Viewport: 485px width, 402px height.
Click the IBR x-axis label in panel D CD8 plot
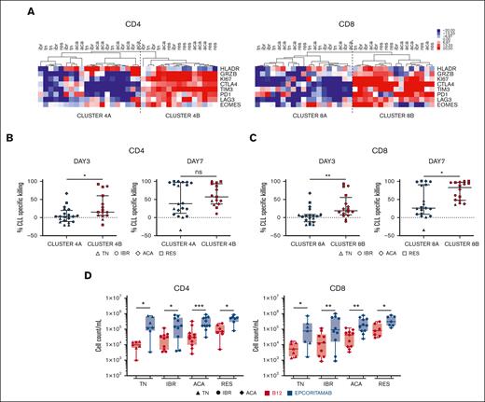342,381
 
